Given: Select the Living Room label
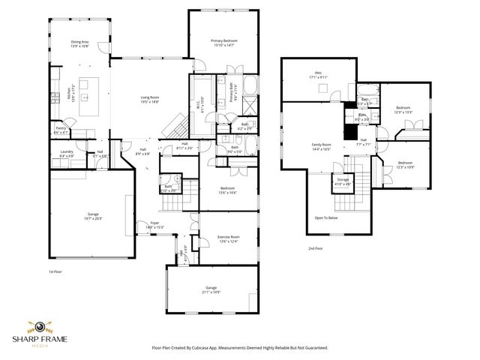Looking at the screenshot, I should tap(151, 97).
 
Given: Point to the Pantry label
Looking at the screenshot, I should tap(61, 130).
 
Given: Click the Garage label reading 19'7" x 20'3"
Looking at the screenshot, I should tap(92, 216).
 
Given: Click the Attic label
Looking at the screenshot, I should tap(318, 74).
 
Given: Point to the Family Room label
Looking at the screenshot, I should tap(322, 147).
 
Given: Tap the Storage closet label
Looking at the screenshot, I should tap(342, 181).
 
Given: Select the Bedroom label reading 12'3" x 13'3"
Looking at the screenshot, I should tap(403, 109).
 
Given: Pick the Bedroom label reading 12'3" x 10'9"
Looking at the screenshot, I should tap(405, 163).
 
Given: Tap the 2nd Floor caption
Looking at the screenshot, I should tap(314, 248).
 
